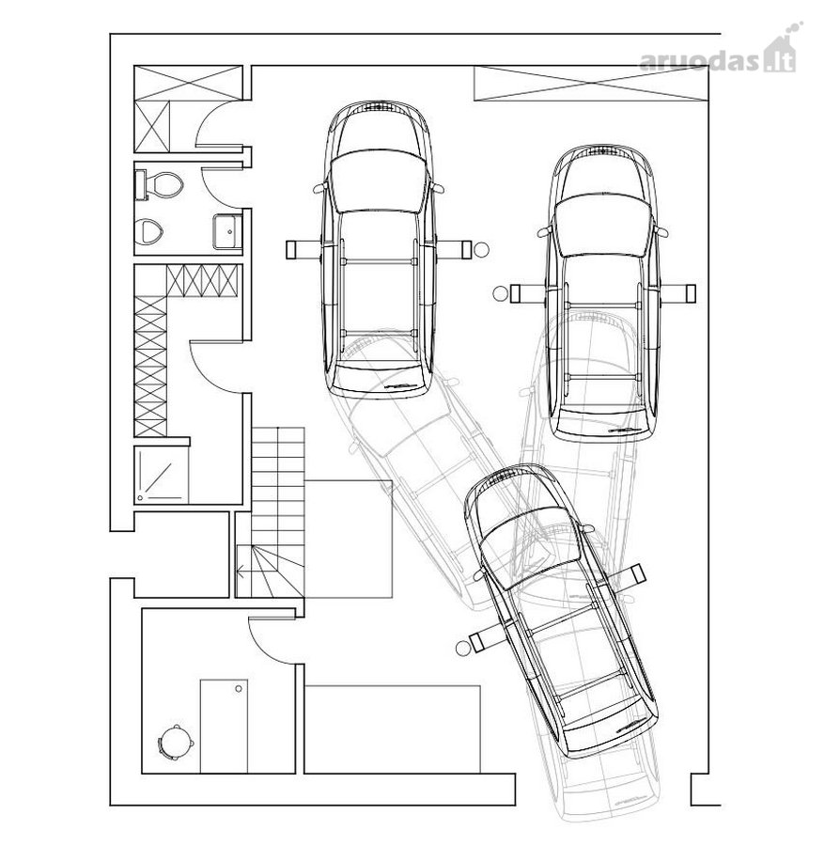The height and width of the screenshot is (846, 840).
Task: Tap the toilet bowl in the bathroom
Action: (161, 184)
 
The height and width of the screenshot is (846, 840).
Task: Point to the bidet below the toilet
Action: (148, 231)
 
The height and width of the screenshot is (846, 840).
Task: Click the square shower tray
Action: (162, 475)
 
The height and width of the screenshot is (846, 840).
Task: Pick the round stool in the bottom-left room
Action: (175, 743)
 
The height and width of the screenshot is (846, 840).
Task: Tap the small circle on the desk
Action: (239, 689)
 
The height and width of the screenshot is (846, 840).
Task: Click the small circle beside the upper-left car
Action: (481, 249)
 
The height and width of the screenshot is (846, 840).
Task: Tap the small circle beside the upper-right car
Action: (501, 293)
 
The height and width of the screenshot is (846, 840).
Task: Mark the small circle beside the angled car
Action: (462, 649)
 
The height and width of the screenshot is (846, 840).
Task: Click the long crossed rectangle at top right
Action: (590, 83)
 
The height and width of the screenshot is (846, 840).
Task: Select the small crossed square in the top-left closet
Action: (151, 127)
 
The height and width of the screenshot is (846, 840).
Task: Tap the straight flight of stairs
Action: (278, 485)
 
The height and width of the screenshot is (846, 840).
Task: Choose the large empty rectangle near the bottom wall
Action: (392, 728)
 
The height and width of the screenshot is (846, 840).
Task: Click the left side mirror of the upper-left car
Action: (319, 187)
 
